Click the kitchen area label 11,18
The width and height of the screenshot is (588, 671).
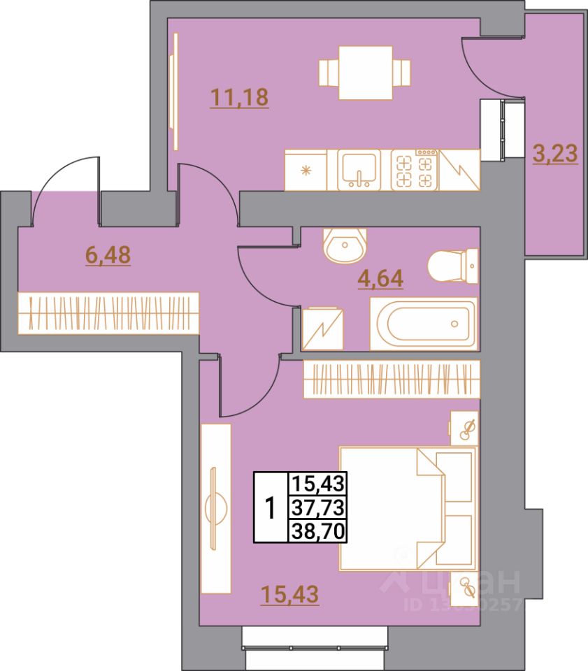point(239,97)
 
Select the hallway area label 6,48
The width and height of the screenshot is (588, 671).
point(108,255)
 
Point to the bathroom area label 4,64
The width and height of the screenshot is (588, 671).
point(381,280)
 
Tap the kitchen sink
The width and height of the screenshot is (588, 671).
point(359,169)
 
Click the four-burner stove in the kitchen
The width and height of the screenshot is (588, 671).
point(414,170)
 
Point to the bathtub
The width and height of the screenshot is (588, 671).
point(424,324)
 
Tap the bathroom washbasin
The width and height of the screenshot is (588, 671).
point(344,245)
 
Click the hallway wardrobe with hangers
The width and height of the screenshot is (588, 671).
point(108,312)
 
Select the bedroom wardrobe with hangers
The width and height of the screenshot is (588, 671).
point(392,379)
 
